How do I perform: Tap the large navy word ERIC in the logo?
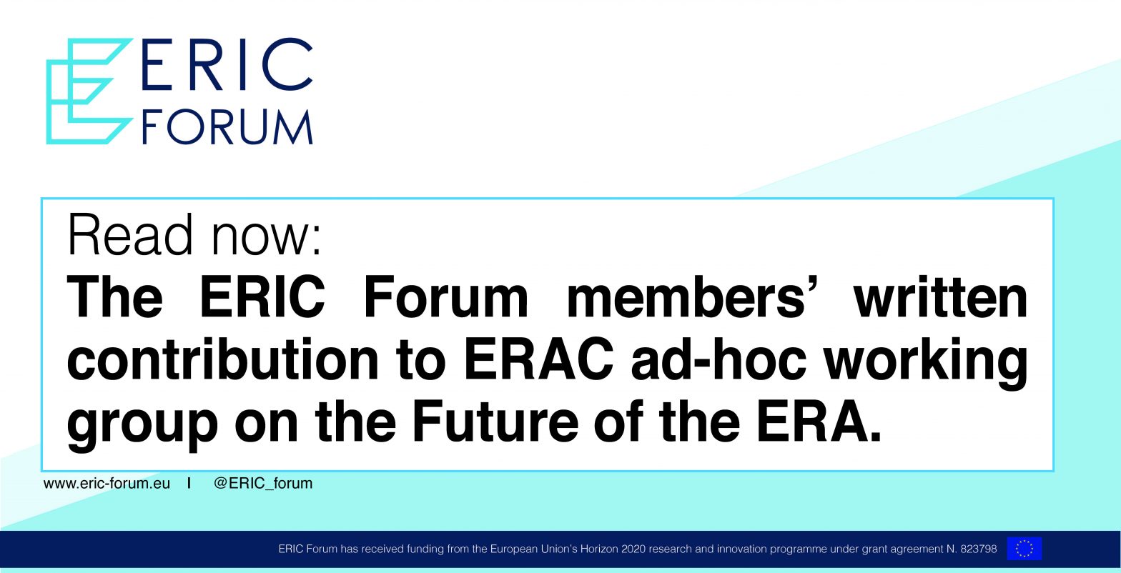[227, 64]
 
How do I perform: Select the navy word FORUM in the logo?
[227, 127]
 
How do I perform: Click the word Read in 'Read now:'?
[130, 234]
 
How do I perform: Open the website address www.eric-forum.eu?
[107, 484]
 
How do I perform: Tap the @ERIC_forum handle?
[263, 484]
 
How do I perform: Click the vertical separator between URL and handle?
[189, 483]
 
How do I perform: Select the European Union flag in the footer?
[1024, 549]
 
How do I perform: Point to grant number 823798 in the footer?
[978, 549]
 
